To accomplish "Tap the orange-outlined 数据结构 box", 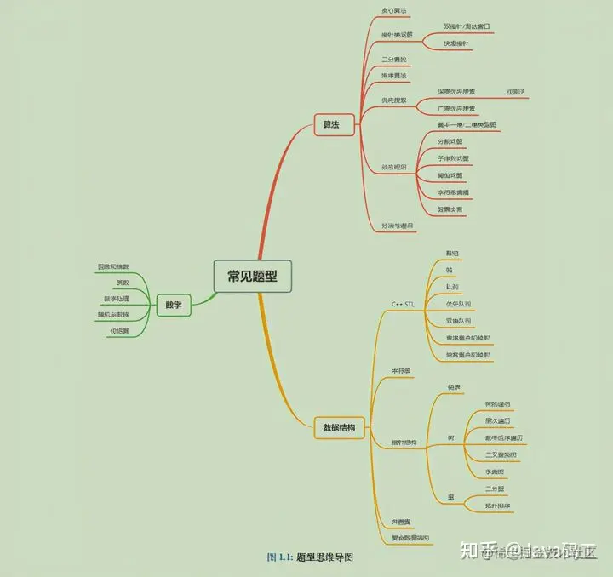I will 339,427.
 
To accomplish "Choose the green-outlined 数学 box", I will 173,305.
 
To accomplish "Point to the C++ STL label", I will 403,304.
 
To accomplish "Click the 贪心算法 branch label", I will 394,11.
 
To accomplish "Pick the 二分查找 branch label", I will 394,59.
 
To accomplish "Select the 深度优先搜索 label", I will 456,91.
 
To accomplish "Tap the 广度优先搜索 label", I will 456,108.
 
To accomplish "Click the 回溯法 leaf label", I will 516,91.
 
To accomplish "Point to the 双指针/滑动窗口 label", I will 467,26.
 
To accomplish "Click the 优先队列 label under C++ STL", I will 458,304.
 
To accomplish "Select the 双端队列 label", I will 458,321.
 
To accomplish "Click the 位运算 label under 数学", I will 118,330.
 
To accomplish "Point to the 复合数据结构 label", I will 410,538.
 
